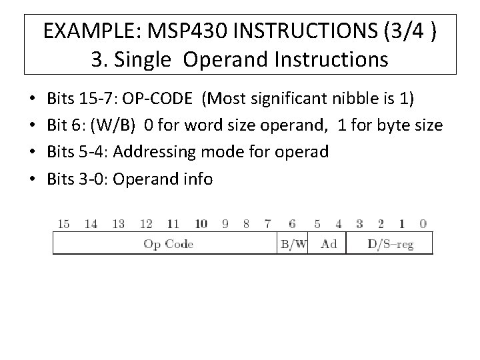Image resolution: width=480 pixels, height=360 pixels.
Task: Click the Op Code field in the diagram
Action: pyautogui.click(x=168, y=244)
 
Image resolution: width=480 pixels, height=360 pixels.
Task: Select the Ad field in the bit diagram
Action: pyautogui.click(x=329, y=244)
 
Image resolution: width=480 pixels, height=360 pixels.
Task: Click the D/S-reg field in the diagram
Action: pyautogui.click(x=390, y=244)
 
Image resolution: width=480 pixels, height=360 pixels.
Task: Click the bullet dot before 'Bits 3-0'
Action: pyautogui.click(x=33, y=179)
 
